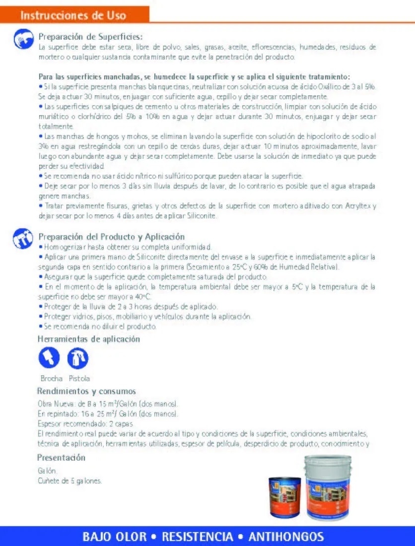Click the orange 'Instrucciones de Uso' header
click(x=73, y=15)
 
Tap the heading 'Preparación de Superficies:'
click(x=90, y=37)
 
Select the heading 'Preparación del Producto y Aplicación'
click(x=112, y=237)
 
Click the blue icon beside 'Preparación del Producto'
click(x=22, y=238)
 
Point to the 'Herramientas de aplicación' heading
click(x=88, y=340)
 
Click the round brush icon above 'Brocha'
click(x=49, y=358)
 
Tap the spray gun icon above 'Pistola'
click(x=77, y=358)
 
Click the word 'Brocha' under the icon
click(x=52, y=379)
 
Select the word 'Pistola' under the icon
click(x=79, y=379)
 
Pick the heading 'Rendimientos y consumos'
click(x=86, y=391)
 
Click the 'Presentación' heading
click(x=61, y=458)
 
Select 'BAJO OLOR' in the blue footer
click(x=115, y=537)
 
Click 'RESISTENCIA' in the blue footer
click(x=198, y=537)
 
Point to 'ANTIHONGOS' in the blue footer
click(x=286, y=537)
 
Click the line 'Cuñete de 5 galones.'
click(x=70, y=480)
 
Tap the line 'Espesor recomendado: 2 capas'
click(x=78, y=424)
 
